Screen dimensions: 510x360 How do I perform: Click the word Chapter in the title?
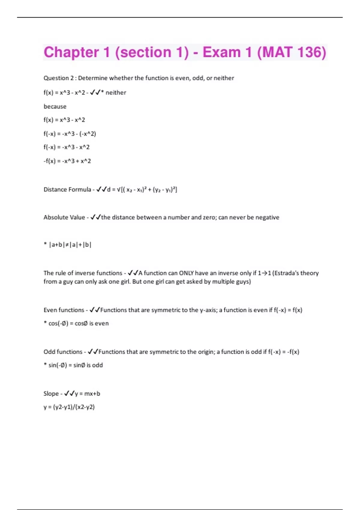click(x=71, y=52)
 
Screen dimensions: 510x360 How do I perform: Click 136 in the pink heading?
click(x=312, y=52)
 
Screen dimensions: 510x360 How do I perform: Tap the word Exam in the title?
click(x=222, y=52)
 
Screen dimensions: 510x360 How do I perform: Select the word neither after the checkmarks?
click(x=116, y=93)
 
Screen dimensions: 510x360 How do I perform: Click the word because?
click(x=55, y=106)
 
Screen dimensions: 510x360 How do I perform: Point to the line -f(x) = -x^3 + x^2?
click(x=67, y=161)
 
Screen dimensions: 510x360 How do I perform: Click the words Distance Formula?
click(x=67, y=190)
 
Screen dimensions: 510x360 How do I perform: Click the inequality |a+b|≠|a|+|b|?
click(x=70, y=245)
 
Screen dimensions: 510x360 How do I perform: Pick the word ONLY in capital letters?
click(x=186, y=273)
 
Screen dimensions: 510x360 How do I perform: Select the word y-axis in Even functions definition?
click(x=208, y=310)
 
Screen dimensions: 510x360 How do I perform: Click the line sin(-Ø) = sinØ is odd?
click(x=76, y=365)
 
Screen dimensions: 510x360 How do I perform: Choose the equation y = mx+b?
click(x=87, y=394)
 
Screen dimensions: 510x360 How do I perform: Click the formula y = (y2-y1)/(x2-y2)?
click(x=69, y=407)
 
